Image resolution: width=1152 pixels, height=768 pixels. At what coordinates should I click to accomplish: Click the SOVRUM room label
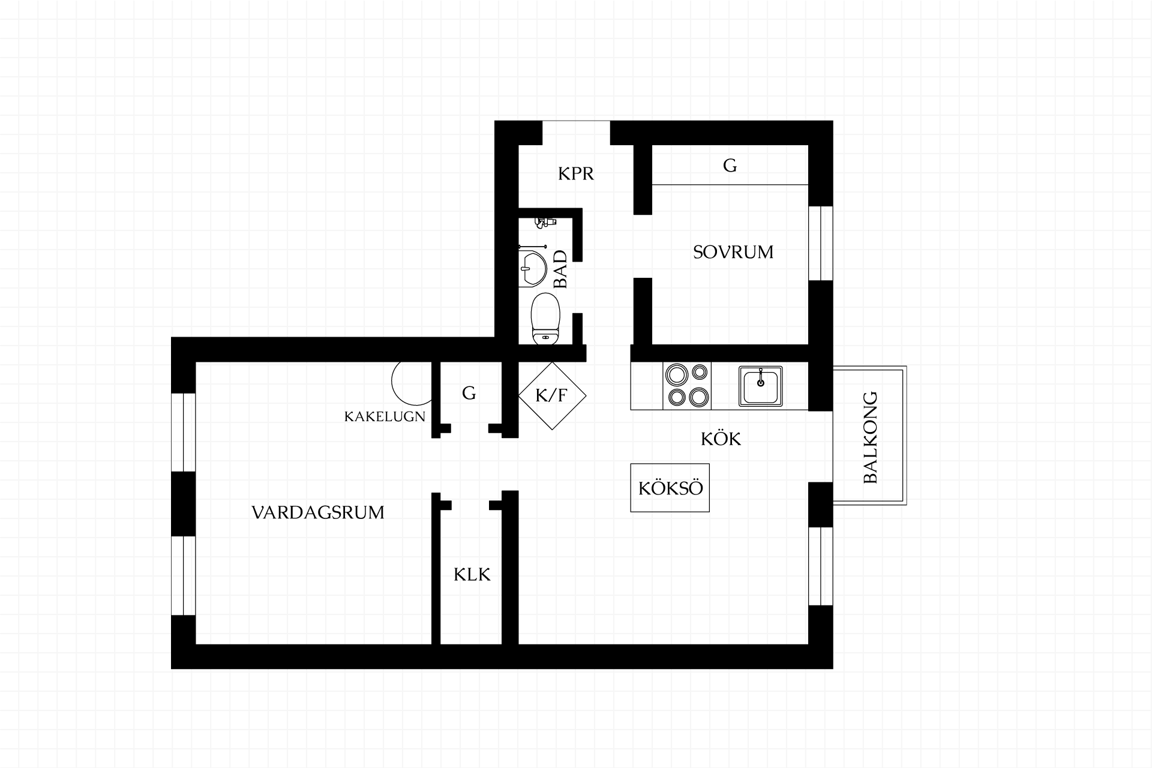coord(733,252)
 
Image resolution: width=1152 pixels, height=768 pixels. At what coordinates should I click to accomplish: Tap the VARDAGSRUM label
coord(318,512)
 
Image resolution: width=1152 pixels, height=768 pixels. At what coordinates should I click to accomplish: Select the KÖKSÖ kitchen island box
coord(670,488)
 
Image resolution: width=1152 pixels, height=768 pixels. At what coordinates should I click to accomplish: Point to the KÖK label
coord(721,439)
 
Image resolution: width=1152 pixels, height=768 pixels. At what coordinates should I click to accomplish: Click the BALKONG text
coord(870,437)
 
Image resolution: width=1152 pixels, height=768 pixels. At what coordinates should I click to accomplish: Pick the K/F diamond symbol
coord(552,395)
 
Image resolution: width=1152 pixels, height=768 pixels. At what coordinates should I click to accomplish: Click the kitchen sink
coord(760,386)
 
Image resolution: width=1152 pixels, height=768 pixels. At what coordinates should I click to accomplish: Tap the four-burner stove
coord(687,386)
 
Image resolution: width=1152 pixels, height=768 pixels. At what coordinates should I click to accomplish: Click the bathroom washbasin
coord(532,268)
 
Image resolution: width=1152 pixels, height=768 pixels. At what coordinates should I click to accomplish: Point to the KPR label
coord(576,173)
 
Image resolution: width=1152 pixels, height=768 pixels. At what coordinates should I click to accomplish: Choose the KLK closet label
coord(472,575)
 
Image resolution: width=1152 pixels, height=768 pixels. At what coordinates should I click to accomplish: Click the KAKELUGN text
coord(385,416)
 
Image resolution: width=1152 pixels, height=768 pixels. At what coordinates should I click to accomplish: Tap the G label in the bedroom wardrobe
coord(730,165)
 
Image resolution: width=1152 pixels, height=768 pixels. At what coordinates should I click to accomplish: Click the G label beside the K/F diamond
coord(469,393)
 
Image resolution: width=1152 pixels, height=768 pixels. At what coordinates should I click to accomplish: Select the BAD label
coord(560,269)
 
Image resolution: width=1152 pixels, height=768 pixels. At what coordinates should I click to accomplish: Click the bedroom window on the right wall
coord(821,243)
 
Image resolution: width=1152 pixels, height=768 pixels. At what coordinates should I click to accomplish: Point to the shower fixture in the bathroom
coord(545,222)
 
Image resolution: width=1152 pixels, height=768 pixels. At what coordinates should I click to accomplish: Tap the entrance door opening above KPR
coord(576,133)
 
